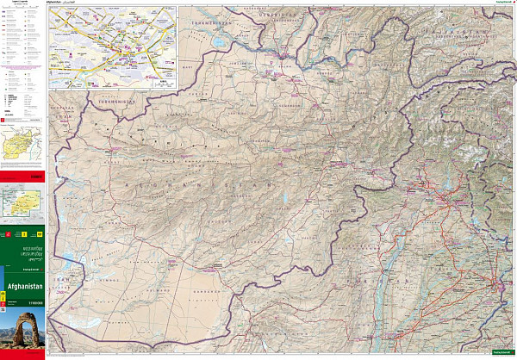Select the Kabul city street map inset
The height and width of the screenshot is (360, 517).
pyautogui.click(x=113, y=48)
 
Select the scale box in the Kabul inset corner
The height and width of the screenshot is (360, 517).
pyautogui.click(x=164, y=81)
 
